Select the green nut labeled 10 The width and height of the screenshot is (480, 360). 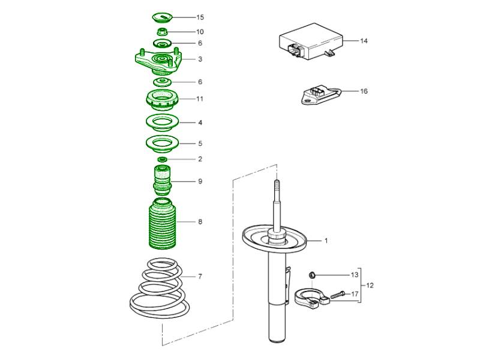pyautogui.click(x=162, y=31)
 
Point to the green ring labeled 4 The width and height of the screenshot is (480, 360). pyautogui.click(x=162, y=123)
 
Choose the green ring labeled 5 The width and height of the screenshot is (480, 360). pyautogui.click(x=162, y=144)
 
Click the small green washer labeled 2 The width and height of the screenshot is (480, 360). pyautogui.click(x=162, y=159)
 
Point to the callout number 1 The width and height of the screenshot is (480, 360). pyautogui.click(x=326, y=241)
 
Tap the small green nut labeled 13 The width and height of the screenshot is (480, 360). pyautogui.click(x=311, y=275)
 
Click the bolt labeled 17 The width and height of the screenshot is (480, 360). pyautogui.click(x=337, y=294)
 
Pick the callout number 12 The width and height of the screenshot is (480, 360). pyautogui.click(x=370, y=285)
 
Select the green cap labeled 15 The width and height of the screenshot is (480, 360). pyautogui.click(x=162, y=17)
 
